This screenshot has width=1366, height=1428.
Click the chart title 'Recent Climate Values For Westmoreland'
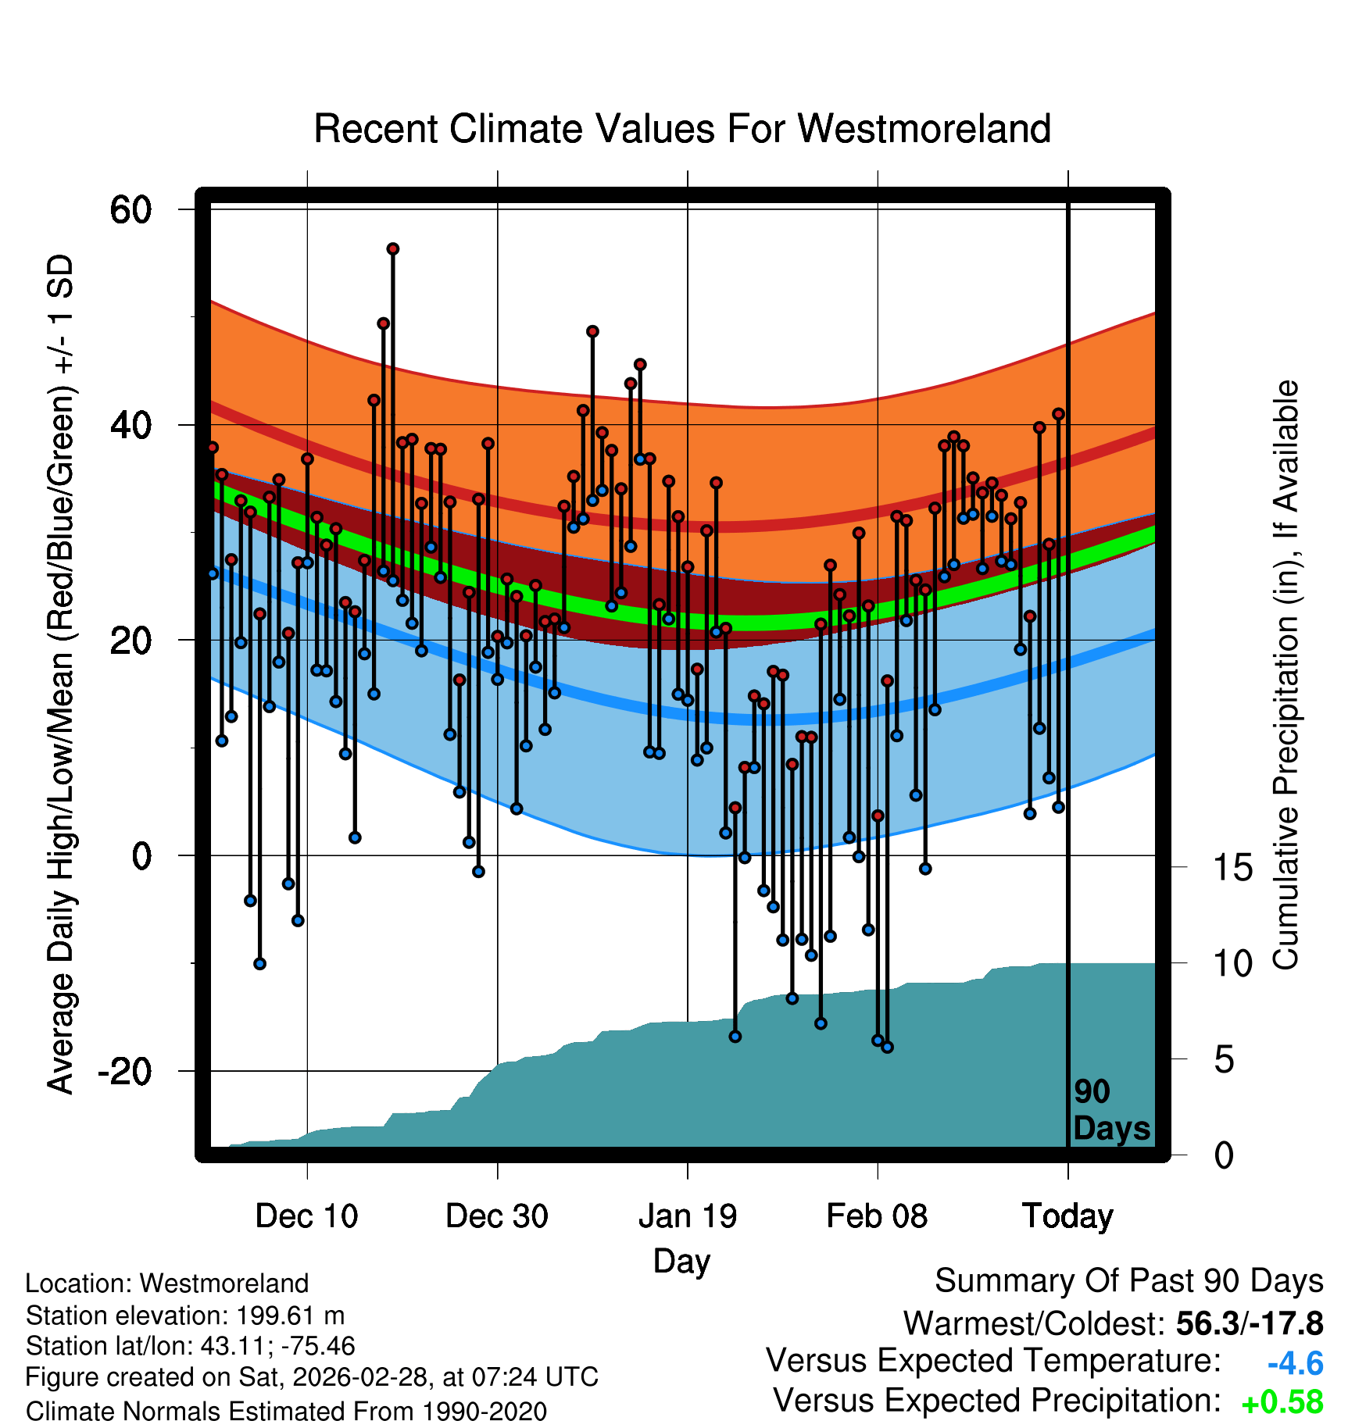tap(681, 129)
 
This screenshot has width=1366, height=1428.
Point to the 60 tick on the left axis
tap(131, 209)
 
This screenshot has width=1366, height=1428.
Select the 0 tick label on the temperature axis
tap(141, 855)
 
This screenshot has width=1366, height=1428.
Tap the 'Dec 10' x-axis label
tap(306, 1216)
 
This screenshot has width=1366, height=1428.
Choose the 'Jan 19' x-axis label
tap(688, 1216)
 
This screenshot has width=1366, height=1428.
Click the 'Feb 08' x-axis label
tap(877, 1216)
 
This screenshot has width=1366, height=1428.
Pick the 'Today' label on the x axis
tap(1067, 1216)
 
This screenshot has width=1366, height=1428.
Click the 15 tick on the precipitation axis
tap(1232, 867)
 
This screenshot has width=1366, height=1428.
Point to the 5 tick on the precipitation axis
tap(1224, 1060)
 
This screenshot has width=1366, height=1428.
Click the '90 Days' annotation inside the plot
tap(1110, 1110)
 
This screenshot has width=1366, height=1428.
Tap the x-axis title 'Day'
tap(681, 1261)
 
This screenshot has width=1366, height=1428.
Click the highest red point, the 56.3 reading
tap(393, 249)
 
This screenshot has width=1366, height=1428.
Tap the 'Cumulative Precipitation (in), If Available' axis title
tap(1286, 675)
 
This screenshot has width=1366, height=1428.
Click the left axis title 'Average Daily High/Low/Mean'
tap(61, 675)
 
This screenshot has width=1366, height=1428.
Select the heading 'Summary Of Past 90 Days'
tap(1128, 1281)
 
